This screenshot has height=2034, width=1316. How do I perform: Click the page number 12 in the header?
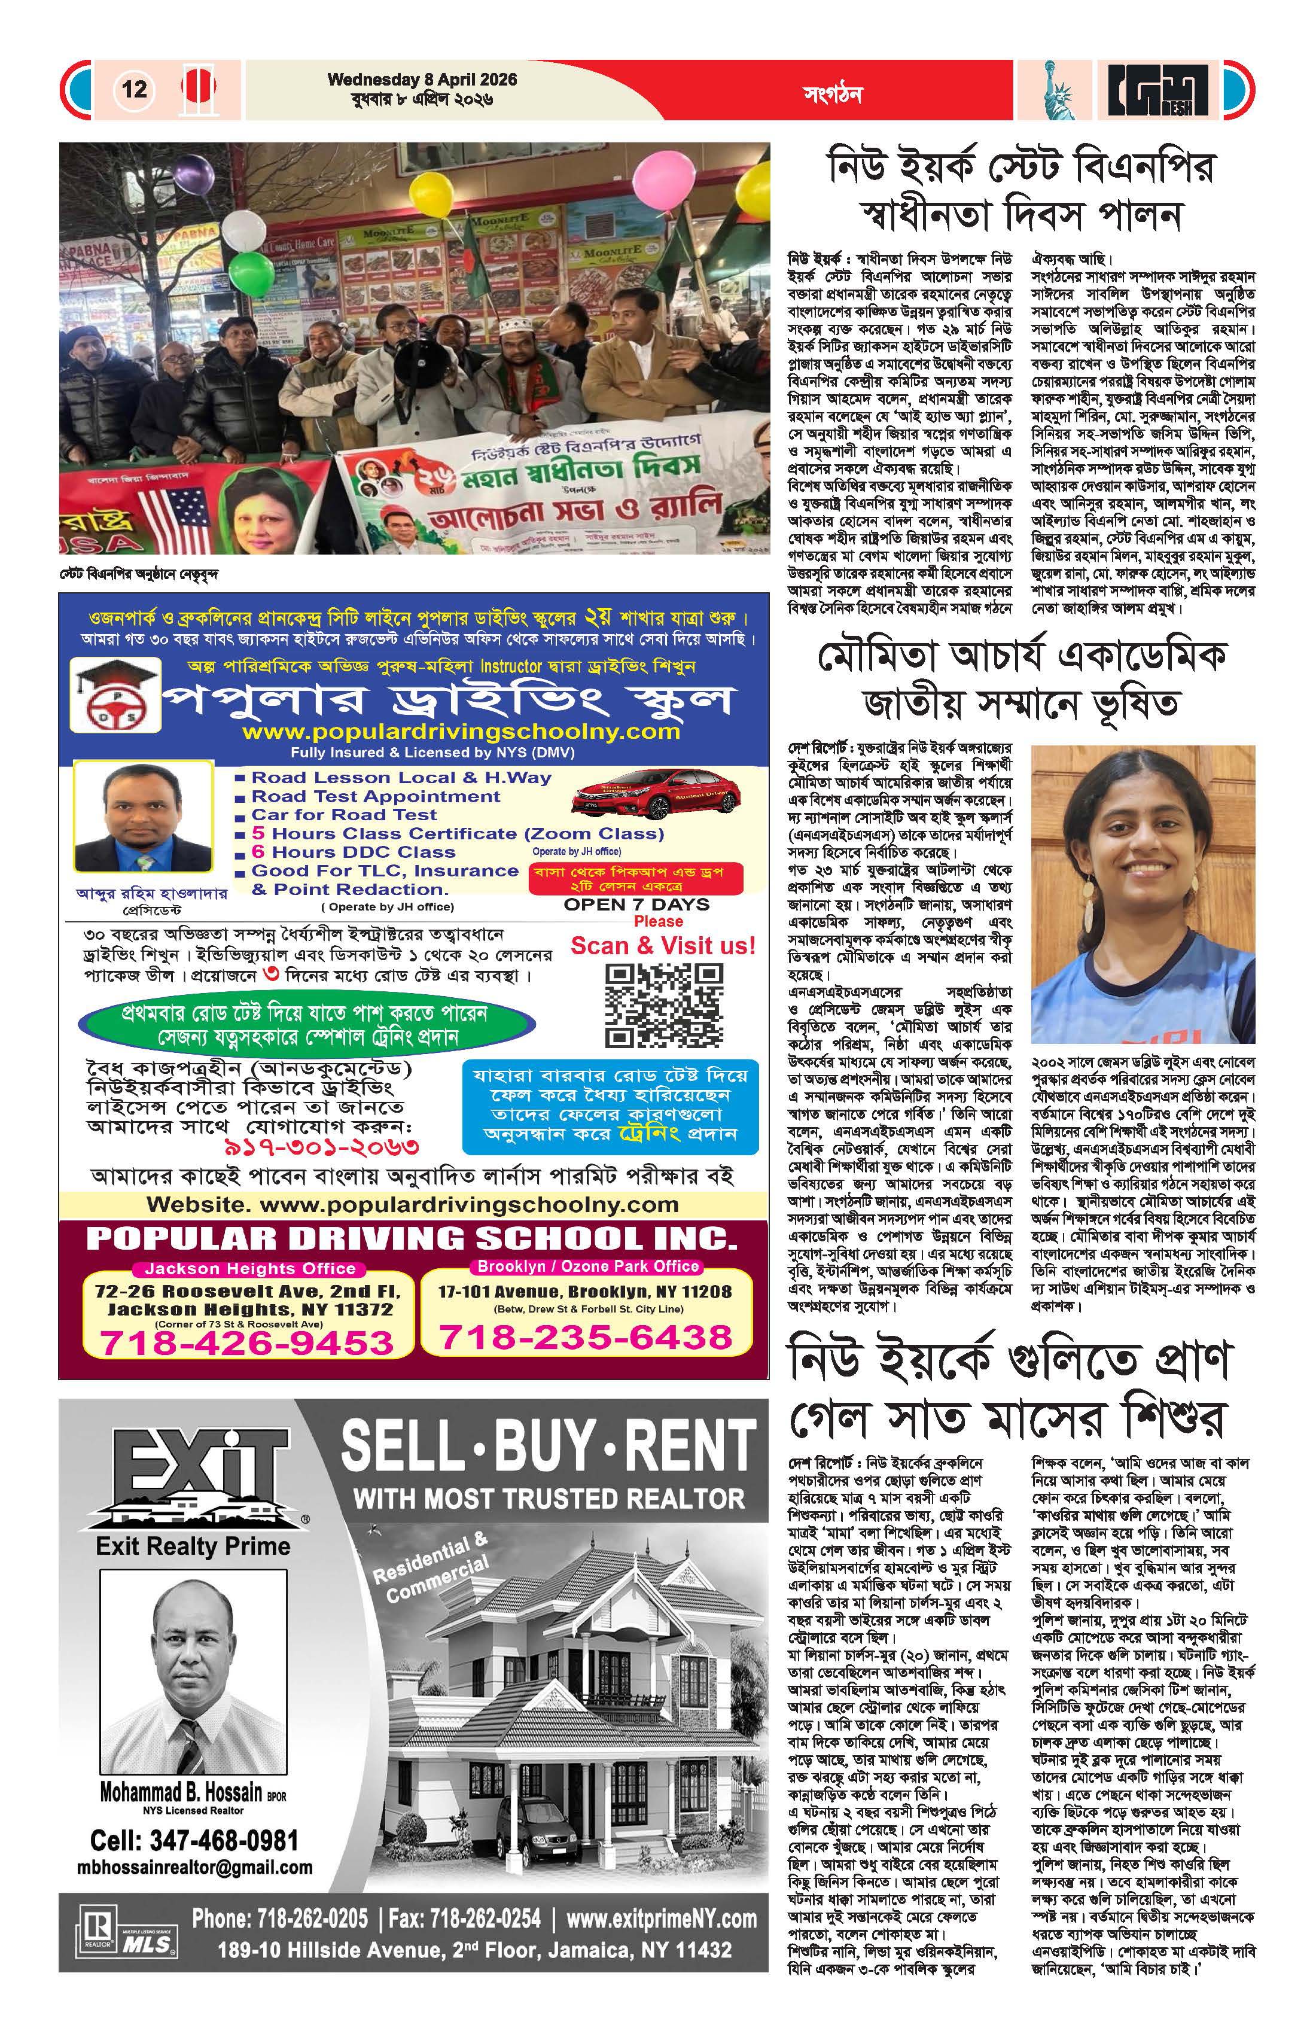tap(134, 89)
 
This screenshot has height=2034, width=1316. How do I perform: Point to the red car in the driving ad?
tap(642, 795)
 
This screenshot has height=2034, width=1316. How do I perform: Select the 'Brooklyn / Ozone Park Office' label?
tap(588, 1266)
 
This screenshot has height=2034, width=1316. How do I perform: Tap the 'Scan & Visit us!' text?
tap(663, 946)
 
